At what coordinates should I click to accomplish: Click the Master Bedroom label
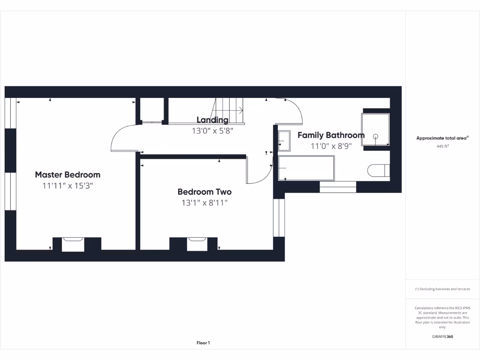67,174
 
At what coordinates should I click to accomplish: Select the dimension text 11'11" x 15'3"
67,186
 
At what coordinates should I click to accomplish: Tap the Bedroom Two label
204,192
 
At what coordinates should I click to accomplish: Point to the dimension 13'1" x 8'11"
204,203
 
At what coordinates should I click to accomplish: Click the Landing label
212,120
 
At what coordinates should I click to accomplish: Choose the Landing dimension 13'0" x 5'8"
212,131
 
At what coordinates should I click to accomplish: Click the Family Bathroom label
331,135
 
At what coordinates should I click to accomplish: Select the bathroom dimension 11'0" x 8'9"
331,146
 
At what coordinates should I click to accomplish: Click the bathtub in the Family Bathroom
306,168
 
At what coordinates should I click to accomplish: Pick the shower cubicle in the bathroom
375,129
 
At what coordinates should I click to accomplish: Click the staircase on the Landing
230,110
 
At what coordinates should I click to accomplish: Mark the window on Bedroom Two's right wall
278,217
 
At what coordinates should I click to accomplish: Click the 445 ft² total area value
442,146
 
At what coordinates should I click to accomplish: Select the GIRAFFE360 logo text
442,337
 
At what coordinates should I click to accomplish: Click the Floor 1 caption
203,343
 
